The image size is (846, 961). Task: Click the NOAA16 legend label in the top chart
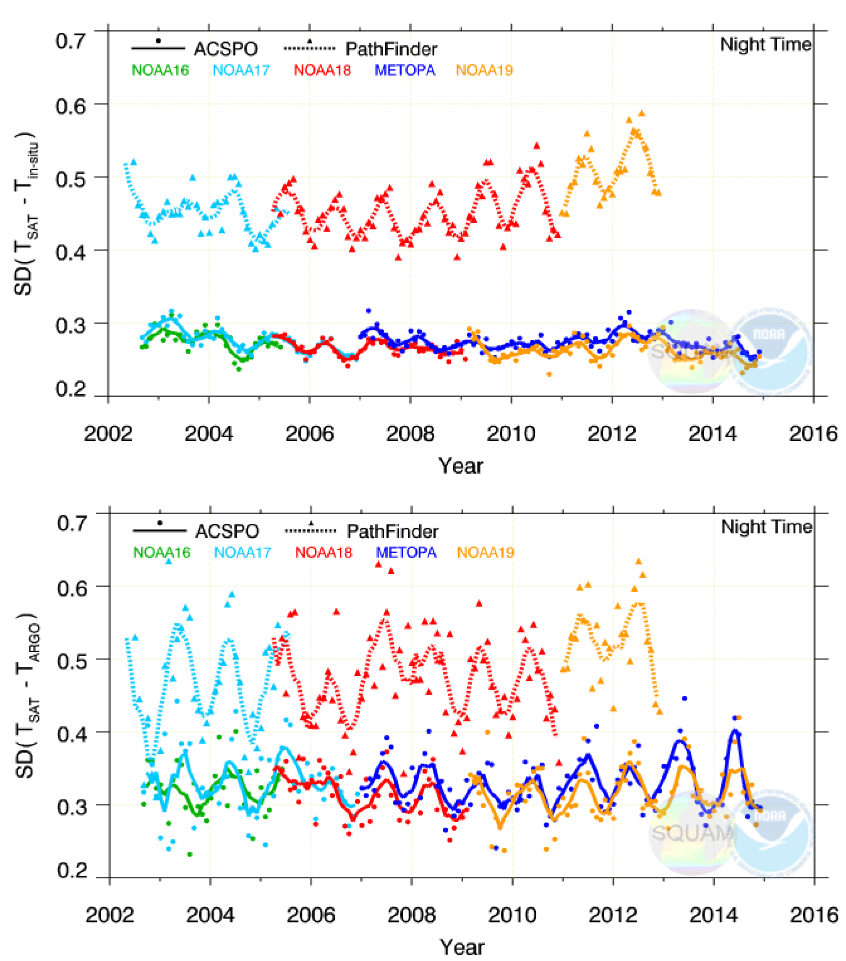[160, 70]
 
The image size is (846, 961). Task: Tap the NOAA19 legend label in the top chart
[484, 70]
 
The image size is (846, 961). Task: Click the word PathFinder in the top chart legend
[391, 49]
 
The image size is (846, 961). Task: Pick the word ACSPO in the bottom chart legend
[227, 531]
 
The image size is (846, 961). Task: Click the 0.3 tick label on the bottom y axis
[72, 807]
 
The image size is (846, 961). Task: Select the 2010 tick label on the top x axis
[511, 433]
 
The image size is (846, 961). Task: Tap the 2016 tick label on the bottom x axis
[815, 915]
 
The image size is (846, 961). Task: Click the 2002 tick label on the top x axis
[108, 433]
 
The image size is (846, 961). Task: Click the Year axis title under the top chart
[461, 466]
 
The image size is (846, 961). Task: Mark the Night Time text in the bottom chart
[767, 526]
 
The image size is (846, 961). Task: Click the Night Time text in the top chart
[765, 44]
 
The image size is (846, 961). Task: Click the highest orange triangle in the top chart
[642, 113]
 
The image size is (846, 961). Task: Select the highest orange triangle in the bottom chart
[639, 561]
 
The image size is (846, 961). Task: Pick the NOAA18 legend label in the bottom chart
[324, 552]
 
